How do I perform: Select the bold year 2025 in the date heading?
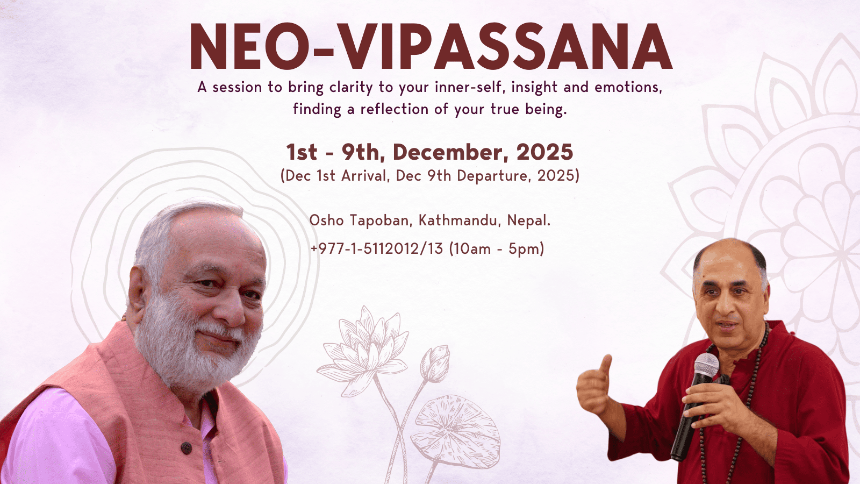click(544, 152)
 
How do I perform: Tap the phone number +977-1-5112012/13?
click(377, 249)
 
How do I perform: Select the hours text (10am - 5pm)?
click(497, 249)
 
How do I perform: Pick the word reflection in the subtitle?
click(395, 110)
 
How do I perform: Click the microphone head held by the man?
click(706, 365)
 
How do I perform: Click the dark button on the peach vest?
click(186, 448)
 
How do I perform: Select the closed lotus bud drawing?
click(435, 363)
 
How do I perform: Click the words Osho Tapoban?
click(360, 221)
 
